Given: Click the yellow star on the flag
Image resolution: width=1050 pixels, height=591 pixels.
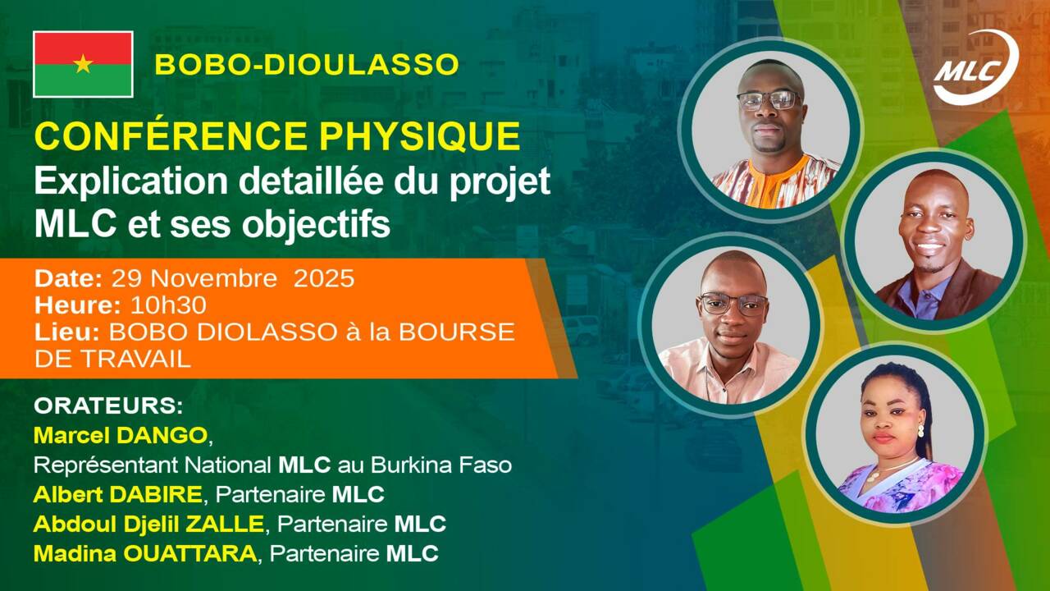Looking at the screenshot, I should click(x=83, y=64).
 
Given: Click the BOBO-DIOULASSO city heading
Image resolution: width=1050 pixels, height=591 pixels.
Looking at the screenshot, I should click(x=306, y=65).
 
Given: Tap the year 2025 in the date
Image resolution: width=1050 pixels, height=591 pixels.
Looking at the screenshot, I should click(x=324, y=279).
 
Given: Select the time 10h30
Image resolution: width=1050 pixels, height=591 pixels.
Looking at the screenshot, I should click(x=168, y=305).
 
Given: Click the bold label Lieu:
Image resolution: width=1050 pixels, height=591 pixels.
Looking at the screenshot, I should click(x=68, y=332).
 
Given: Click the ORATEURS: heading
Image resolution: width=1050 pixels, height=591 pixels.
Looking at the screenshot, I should click(x=108, y=407).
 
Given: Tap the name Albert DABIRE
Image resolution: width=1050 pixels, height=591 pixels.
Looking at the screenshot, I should click(x=118, y=495).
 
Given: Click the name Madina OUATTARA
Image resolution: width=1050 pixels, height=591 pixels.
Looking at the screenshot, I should click(x=144, y=553).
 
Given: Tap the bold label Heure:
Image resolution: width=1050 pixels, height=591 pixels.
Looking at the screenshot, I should click(x=78, y=305).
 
